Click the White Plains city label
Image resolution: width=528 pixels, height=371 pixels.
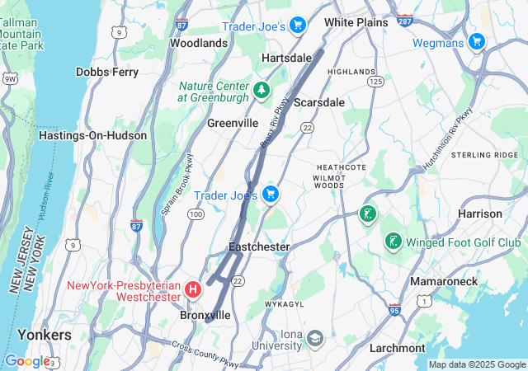(356, 22)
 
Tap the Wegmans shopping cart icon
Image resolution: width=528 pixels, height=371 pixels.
(476, 41)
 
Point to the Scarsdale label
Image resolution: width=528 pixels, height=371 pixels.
(318, 102)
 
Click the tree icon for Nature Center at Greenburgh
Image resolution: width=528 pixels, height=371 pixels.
(262, 89)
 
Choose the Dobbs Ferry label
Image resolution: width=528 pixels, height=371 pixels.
(107, 72)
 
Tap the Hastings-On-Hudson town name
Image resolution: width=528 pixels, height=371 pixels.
(92, 135)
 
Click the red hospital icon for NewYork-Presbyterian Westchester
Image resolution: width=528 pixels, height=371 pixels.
(193, 289)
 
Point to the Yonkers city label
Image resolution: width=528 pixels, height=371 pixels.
(44, 336)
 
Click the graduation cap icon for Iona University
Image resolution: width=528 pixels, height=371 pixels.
(314, 338)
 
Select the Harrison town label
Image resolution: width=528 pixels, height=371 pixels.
(479, 214)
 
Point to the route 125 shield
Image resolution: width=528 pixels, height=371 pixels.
(376, 82)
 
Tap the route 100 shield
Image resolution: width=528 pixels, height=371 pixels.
(196, 214)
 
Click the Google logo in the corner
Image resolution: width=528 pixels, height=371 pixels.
(26, 360)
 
